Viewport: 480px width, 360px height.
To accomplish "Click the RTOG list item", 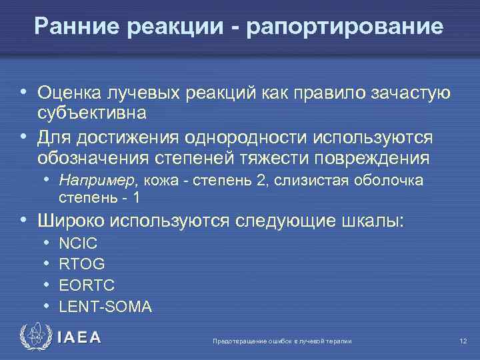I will point(81,265).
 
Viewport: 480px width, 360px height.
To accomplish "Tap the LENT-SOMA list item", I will point(105,306).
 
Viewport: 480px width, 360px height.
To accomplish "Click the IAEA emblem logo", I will point(35,337).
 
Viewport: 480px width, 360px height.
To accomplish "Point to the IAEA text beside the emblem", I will point(79,337).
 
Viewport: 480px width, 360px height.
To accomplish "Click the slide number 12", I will point(463,341).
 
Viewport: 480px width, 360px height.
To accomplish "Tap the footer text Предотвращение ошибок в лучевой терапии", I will point(281,341).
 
